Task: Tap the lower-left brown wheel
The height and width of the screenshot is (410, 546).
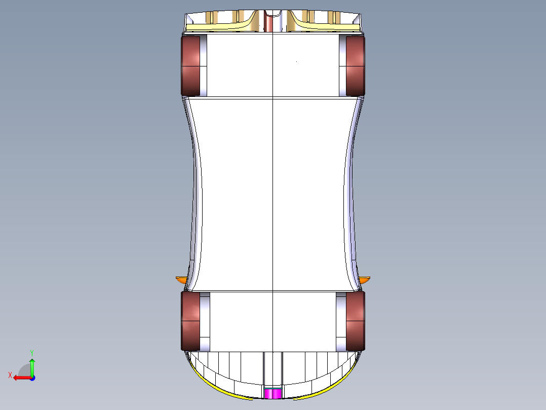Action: [190, 321]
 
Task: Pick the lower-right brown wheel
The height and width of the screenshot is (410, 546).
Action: [356, 321]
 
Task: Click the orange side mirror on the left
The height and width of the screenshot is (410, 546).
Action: [181, 279]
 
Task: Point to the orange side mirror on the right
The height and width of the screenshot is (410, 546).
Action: [365, 279]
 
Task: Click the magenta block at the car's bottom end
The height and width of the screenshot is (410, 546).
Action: [273, 394]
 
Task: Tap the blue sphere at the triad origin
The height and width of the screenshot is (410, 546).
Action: [32, 378]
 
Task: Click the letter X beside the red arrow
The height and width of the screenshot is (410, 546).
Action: [10, 375]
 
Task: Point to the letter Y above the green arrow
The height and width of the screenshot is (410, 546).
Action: [31, 352]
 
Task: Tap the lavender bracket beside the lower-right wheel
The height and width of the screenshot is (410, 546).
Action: [340, 321]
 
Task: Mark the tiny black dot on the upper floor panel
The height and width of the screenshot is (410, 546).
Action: [296, 62]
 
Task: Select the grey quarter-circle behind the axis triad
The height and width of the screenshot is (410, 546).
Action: [24, 370]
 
